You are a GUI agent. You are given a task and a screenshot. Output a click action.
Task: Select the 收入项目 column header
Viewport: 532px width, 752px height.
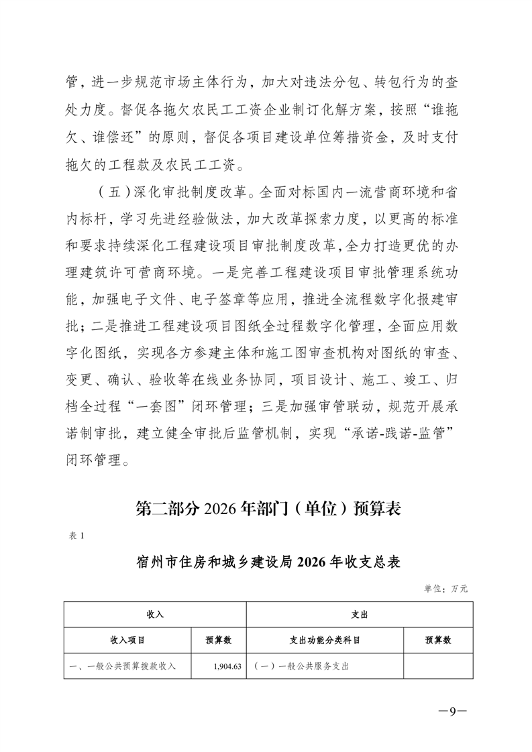(127, 640)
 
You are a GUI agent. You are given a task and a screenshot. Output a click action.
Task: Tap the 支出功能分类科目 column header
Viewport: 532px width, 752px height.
(325, 640)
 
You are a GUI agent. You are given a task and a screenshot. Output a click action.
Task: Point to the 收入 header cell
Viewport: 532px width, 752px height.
(155, 614)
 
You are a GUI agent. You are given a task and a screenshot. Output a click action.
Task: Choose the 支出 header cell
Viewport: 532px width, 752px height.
(360, 614)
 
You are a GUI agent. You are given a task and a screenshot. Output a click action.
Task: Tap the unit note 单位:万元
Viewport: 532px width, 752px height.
(445, 588)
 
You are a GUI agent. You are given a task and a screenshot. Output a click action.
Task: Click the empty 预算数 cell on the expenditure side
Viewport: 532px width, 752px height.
(438, 667)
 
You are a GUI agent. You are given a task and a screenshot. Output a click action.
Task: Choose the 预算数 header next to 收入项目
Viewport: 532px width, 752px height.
(219, 640)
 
